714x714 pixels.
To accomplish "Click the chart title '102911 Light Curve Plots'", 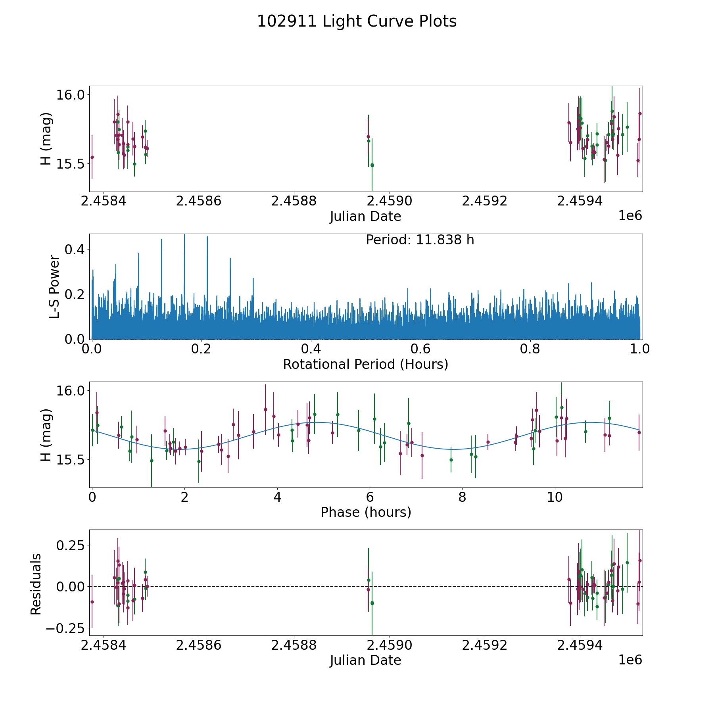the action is (357, 21).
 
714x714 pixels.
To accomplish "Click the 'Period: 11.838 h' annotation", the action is (420, 240).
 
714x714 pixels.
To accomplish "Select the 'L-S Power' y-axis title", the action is (54, 287).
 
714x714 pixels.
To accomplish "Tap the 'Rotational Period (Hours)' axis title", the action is (365, 364).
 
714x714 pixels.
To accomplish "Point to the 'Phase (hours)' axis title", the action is (366, 512).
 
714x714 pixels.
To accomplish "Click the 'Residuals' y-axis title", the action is (36, 584).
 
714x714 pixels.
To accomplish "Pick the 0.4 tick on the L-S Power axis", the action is (78, 250).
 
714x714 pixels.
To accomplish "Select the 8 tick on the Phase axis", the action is (462, 497).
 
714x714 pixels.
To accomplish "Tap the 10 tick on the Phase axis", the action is (555, 497).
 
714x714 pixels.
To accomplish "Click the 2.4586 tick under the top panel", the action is (198, 202).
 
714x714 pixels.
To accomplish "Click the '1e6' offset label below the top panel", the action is (630, 216).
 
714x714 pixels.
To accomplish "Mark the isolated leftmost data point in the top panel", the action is (92, 157).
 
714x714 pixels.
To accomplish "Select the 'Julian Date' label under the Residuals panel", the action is (365, 660).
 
